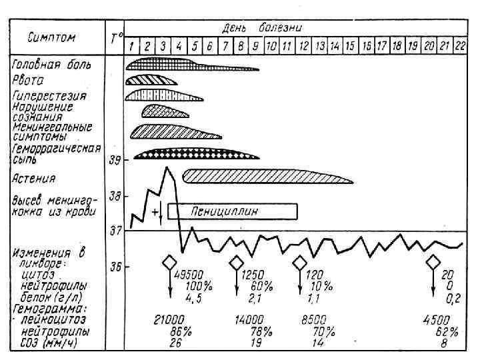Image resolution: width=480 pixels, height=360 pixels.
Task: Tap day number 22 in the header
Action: click(459, 47)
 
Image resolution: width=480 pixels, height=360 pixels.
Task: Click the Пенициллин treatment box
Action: click(232, 211)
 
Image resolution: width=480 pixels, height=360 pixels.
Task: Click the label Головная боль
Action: click(51, 65)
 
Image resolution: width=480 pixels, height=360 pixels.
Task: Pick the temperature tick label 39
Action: click(115, 161)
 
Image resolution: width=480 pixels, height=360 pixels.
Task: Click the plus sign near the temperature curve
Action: click(155, 212)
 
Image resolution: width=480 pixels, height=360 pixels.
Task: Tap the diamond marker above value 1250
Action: click(236, 262)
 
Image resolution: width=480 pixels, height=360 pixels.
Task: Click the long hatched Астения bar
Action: click(267, 176)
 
